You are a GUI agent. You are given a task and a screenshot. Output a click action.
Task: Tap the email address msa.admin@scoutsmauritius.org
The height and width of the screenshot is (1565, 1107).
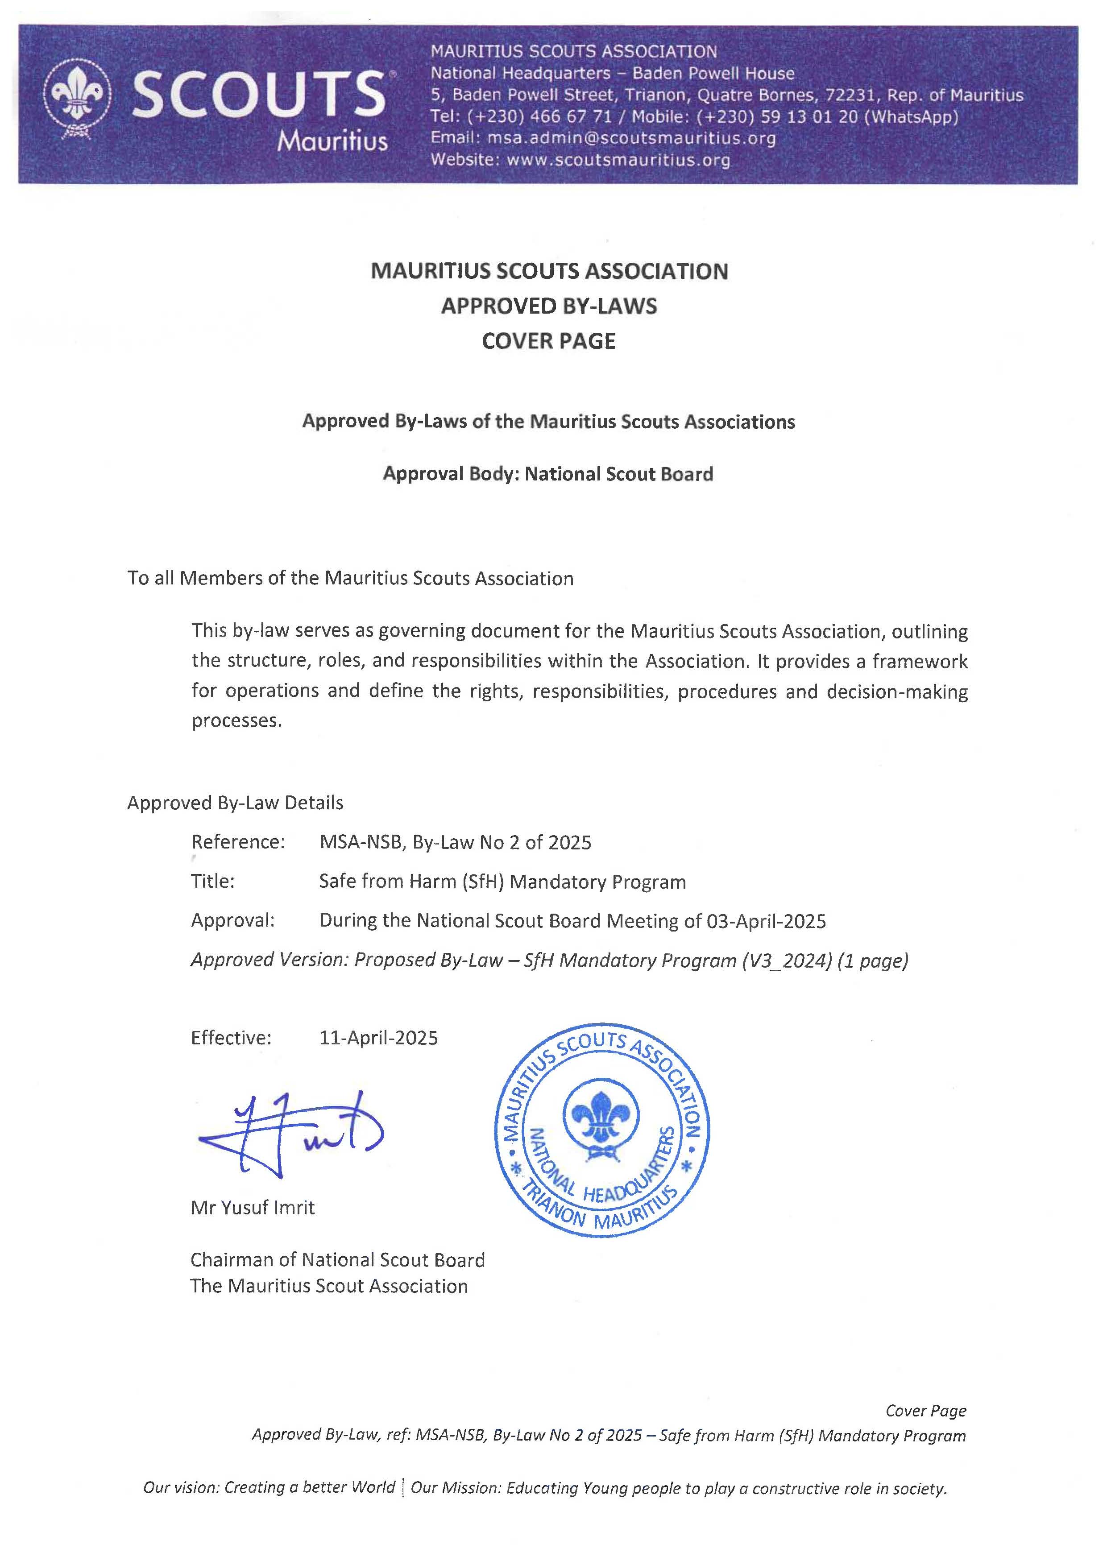click(631, 138)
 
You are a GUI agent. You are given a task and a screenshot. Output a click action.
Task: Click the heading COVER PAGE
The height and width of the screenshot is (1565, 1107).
click(549, 341)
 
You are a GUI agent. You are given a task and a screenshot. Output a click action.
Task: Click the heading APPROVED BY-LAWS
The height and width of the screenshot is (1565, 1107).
click(549, 306)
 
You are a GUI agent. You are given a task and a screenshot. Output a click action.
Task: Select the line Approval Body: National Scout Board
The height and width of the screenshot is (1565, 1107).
click(548, 474)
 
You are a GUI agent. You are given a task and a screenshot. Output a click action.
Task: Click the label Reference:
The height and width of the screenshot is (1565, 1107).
click(238, 842)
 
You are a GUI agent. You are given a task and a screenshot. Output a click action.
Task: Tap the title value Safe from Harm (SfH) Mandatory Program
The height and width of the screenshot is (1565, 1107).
click(502, 882)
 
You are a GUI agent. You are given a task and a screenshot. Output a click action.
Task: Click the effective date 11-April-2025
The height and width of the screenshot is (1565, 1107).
click(378, 1038)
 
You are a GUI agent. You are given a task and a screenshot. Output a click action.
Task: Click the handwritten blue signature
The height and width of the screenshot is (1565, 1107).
click(290, 1135)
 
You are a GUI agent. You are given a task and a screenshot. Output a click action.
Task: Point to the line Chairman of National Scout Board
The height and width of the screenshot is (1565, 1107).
click(337, 1260)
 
